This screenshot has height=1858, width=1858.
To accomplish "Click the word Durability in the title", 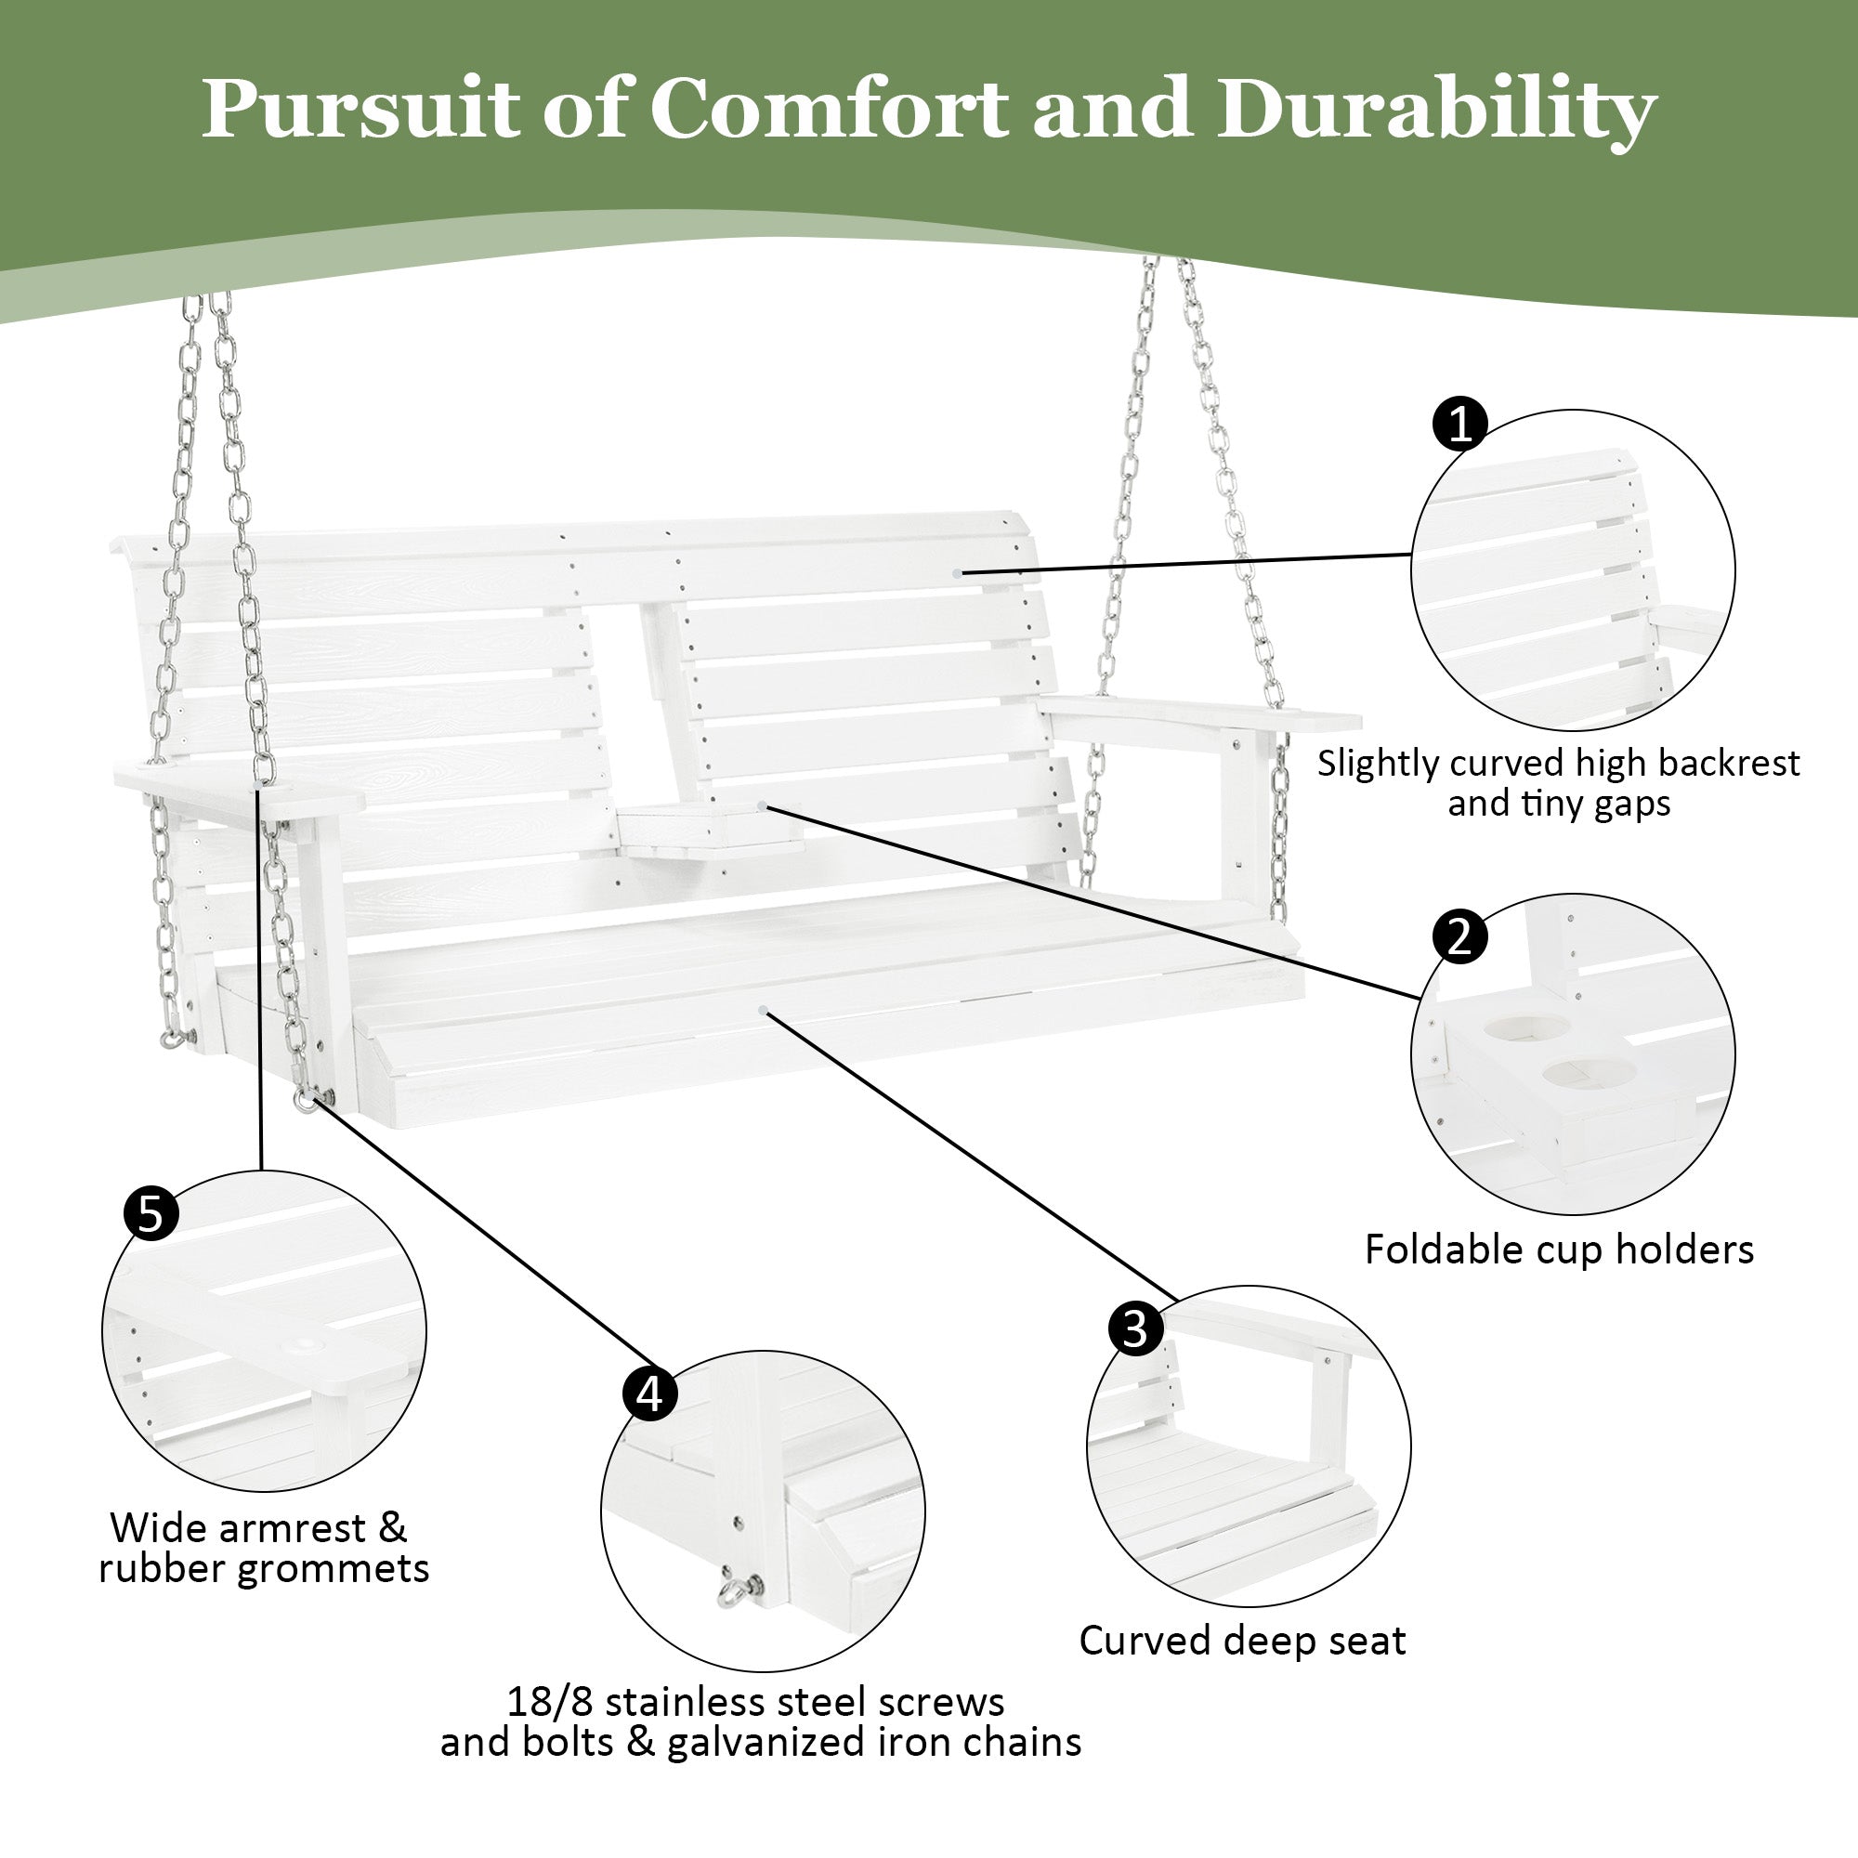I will point(1436,110).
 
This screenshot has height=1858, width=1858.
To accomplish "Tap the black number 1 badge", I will point(1459,425).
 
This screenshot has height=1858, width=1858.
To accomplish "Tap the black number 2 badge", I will point(1459,936).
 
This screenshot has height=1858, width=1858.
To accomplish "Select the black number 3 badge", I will point(1136,1330).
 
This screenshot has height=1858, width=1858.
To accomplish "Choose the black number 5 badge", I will point(151,1213).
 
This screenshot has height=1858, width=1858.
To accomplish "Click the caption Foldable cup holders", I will point(1559,1250).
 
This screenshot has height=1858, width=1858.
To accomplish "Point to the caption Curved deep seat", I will point(1241,1641).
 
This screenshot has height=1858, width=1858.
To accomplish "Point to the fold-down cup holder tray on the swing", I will point(710,828).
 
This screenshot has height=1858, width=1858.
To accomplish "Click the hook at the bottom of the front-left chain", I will point(307,1099).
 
